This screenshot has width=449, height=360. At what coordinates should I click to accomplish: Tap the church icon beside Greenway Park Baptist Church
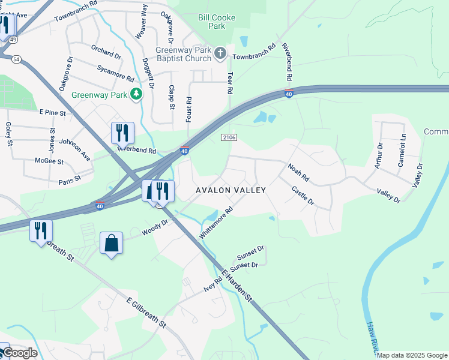(x=220, y=54)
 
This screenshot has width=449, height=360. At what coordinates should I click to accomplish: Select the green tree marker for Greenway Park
(x=137, y=94)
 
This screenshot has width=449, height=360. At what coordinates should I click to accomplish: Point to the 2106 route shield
(x=228, y=137)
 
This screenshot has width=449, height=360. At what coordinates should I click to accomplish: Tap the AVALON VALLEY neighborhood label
(x=231, y=190)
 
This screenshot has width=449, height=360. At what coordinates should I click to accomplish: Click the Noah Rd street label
(x=298, y=173)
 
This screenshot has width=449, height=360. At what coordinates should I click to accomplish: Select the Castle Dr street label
(x=303, y=196)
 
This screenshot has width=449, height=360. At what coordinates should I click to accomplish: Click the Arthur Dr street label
(x=379, y=155)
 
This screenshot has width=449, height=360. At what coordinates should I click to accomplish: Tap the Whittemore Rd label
(x=215, y=223)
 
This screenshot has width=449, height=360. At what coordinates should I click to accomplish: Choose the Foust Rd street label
(x=188, y=110)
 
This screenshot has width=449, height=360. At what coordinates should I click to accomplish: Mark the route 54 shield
(x=16, y=59)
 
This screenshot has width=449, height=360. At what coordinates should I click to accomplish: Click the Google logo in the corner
(x=19, y=353)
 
